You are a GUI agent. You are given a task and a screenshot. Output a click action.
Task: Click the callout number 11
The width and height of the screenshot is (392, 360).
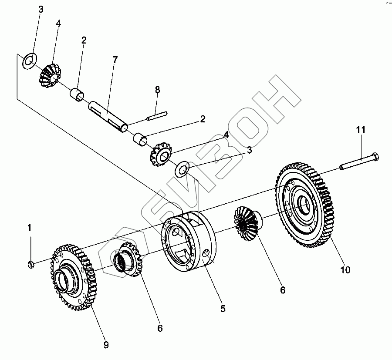(361, 130)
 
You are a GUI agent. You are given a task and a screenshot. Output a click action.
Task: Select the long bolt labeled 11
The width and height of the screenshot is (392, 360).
(359, 161)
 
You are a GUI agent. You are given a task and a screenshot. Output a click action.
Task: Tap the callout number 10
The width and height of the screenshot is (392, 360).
(345, 270)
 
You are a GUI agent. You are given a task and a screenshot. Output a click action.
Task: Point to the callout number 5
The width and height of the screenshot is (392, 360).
(223, 309)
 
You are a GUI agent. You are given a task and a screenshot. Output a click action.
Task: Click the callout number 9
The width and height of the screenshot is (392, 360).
(106, 345)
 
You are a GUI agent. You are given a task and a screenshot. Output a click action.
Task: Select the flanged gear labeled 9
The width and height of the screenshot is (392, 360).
(74, 279)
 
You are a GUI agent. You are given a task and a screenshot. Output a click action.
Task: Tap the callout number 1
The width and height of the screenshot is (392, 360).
(29, 227)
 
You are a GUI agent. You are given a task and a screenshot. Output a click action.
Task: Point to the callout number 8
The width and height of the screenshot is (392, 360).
(157, 89)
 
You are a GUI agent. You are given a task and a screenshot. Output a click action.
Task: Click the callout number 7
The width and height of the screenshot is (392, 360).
(115, 60)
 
